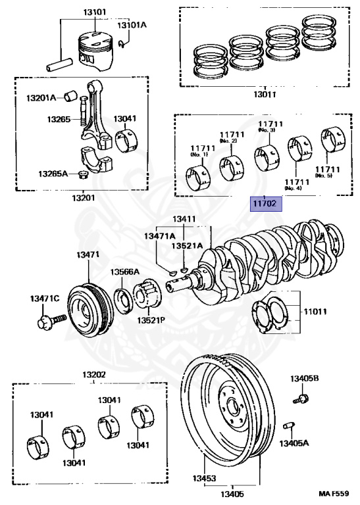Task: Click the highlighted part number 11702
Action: (x=266, y=204)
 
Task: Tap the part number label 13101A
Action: (x=132, y=25)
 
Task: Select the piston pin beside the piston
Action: (x=60, y=64)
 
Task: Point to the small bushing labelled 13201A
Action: (x=71, y=95)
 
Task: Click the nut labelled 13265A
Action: (x=83, y=175)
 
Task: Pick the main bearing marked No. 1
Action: (x=198, y=177)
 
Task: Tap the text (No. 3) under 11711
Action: (x=267, y=130)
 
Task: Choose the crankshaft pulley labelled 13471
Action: (x=90, y=309)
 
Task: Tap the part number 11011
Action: (x=315, y=312)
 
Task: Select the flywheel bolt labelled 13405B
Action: (x=301, y=398)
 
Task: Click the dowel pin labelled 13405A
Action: (x=288, y=426)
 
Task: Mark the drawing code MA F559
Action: (x=334, y=493)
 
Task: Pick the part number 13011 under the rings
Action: (x=265, y=95)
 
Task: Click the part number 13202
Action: (x=94, y=375)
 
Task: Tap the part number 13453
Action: (x=204, y=478)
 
